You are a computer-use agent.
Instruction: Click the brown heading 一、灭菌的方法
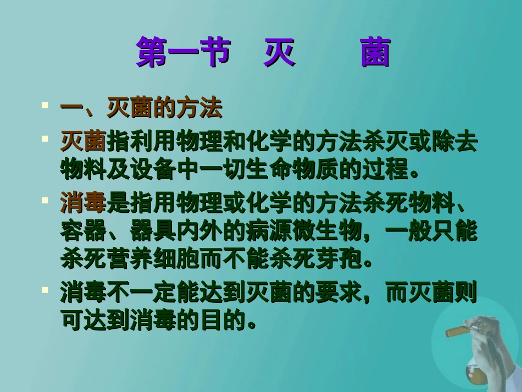tap(141, 109)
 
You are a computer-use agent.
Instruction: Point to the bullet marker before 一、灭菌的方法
tap(45, 103)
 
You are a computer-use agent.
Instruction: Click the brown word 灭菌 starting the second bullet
tap(84, 143)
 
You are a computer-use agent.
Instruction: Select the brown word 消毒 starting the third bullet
tap(84, 205)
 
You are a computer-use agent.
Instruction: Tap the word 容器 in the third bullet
tap(84, 231)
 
